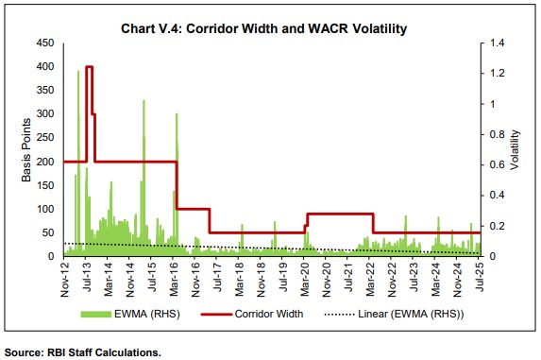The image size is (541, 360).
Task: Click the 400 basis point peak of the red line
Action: tap(88, 67)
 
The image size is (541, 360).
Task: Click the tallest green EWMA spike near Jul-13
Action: tap(78, 72)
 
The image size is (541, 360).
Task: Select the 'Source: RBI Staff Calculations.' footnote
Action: tap(83, 351)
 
